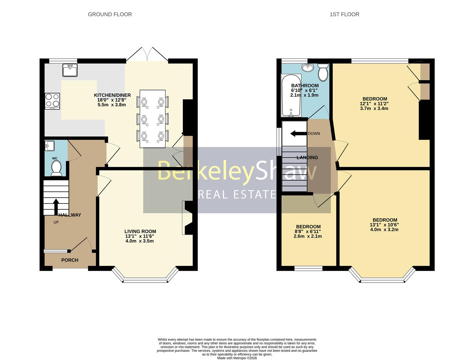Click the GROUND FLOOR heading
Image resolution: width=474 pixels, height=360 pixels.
click(x=110, y=14)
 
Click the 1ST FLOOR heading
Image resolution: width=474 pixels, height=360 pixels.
click(x=344, y=14)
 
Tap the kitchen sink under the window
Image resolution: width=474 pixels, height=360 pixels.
click(x=70, y=70)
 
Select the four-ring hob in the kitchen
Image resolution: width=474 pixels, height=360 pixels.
click(x=52, y=101)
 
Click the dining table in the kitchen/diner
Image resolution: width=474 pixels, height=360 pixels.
click(x=153, y=119)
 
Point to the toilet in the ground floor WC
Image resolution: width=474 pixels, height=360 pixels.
click(x=56, y=168)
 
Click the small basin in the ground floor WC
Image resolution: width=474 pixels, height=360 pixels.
click(x=50, y=146)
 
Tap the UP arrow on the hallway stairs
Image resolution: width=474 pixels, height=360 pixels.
click(x=56, y=207)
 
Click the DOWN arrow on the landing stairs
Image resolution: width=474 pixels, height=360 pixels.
click(x=298, y=134)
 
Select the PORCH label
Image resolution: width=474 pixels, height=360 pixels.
click(x=70, y=260)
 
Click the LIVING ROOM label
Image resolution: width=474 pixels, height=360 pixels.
click(x=140, y=231)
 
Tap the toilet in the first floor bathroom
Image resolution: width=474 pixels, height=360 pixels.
click(x=323, y=73)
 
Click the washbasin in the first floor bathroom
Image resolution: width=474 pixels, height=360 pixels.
click(x=307, y=68)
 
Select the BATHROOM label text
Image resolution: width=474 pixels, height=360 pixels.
click(x=304, y=86)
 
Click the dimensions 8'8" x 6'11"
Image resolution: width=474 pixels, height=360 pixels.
click(x=308, y=231)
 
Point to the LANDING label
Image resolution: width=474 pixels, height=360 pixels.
click(x=307, y=157)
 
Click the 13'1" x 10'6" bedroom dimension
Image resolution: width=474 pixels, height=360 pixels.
click(x=384, y=225)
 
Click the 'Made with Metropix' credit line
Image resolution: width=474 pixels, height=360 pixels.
click(x=237, y=358)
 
